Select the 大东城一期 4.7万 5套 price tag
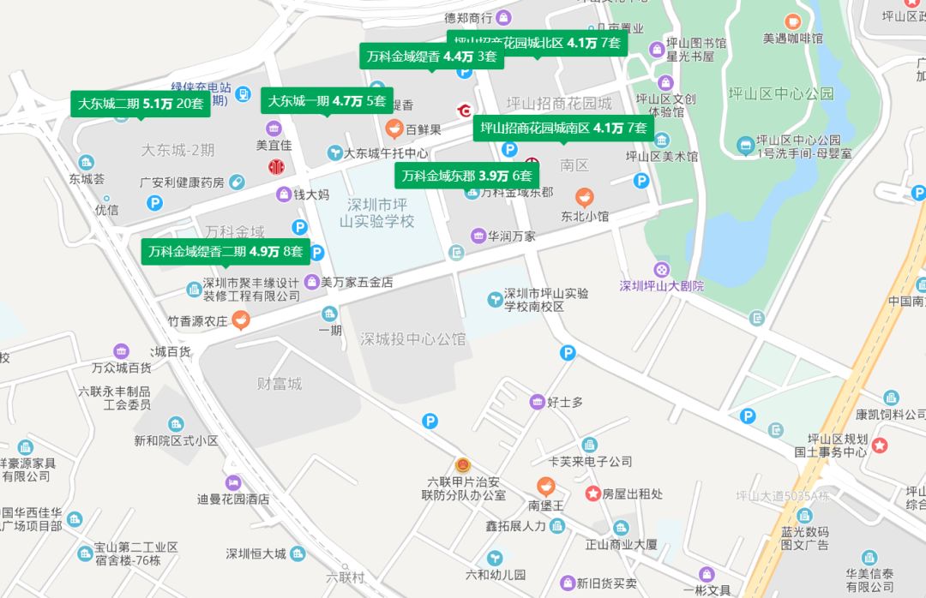pyautogui.click(x=327, y=100)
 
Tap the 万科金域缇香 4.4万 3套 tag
pyautogui.click(x=431, y=57)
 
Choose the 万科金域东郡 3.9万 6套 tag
pyautogui.click(x=466, y=176)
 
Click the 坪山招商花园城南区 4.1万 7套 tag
pyautogui.click(x=563, y=129)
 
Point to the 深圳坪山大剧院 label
pyautogui.click(x=661, y=285)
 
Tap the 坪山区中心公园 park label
pyautogui.click(x=780, y=93)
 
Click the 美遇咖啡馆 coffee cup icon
pyautogui.click(x=792, y=21)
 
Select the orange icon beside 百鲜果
pyautogui.click(x=394, y=129)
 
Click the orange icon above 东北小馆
pyautogui.click(x=584, y=197)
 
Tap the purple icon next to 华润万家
pyautogui.click(x=478, y=236)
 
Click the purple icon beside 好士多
pyautogui.click(x=537, y=402)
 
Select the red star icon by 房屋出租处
pyautogui.click(x=592, y=493)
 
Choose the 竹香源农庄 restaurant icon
pyautogui.click(x=241, y=321)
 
